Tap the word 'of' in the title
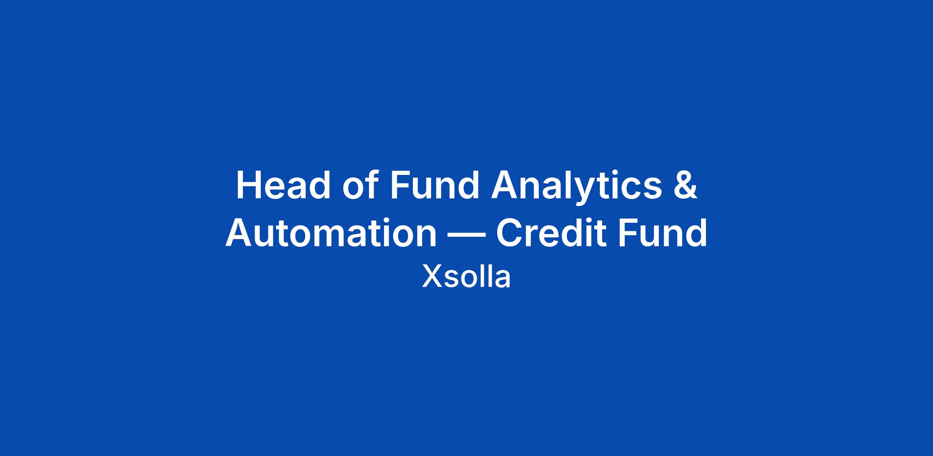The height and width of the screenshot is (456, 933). pyautogui.click(x=360, y=185)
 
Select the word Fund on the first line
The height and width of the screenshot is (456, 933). pyautogui.click(x=435, y=185)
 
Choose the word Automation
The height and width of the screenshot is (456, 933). pyautogui.click(x=331, y=233)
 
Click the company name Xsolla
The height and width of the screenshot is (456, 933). pyautogui.click(x=466, y=277)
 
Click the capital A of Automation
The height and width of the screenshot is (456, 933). pyautogui.click(x=239, y=233)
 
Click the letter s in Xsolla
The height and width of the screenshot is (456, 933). pyautogui.click(x=451, y=280)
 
